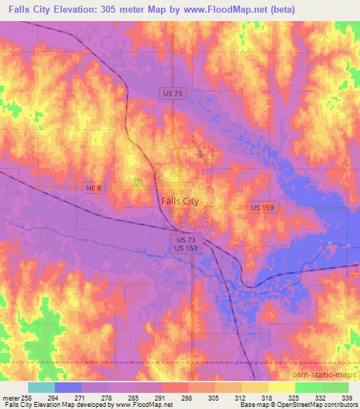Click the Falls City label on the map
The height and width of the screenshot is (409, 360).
pyautogui.click(x=180, y=200)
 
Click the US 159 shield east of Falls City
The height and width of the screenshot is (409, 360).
pyautogui.click(x=264, y=207)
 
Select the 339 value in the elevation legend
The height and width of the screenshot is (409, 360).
pyautogui.click(x=346, y=398)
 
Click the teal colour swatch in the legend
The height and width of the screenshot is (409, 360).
pyautogui.click(x=41, y=387)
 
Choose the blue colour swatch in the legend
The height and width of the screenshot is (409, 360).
pyautogui.click(x=68, y=387)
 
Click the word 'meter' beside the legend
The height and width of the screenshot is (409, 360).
pyautogui.click(x=11, y=398)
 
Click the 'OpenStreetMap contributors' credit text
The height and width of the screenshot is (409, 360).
pyautogui.click(x=320, y=405)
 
